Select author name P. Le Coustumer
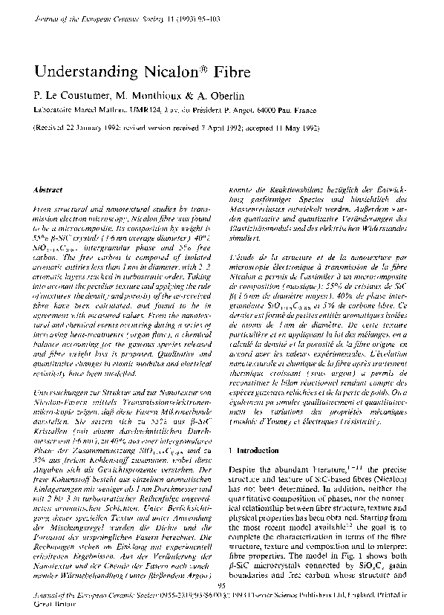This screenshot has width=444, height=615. [x=71, y=94]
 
